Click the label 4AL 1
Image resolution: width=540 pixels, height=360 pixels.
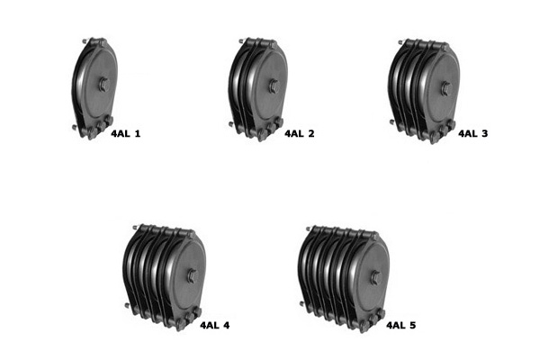tap(125, 134)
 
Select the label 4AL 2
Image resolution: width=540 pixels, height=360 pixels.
tap(299, 134)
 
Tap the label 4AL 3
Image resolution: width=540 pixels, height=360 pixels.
tap(472, 134)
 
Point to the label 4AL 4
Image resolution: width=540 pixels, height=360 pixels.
tap(214, 325)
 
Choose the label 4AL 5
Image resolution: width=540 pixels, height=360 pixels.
tap(400, 325)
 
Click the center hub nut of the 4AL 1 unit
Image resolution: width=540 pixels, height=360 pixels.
tap(103, 85)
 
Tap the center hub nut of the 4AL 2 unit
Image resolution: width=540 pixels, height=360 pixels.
tap(271, 87)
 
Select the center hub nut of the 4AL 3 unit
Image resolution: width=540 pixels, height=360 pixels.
tap(445, 88)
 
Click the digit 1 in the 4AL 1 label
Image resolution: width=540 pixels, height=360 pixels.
tap(137, 134)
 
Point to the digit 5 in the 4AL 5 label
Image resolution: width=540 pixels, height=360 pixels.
tap(412, 325)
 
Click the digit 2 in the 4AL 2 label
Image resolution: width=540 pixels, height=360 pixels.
tap(310, 134)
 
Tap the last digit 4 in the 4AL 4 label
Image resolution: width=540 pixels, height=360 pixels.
tap(227, 325)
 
